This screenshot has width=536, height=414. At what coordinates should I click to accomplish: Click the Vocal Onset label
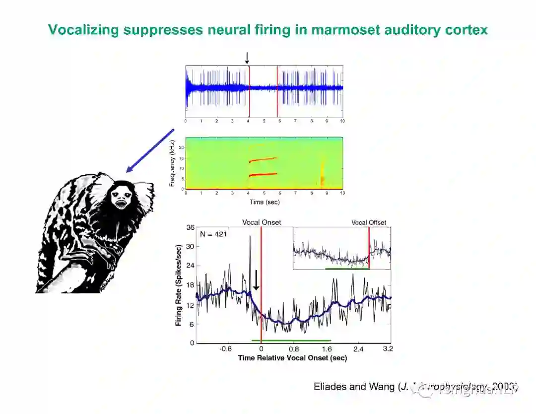pos(261,222)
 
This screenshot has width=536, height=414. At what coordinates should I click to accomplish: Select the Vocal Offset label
pos(369,222)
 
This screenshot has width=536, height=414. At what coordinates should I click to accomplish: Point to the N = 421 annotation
pos(213,234)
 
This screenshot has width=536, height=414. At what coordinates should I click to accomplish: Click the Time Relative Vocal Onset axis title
pos(292,358)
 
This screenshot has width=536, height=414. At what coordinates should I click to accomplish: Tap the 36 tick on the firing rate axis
pos(190,228)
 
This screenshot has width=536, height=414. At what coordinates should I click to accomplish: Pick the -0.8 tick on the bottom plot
pos(226,348)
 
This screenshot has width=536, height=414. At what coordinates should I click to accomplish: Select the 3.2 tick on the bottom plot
pos(388,348)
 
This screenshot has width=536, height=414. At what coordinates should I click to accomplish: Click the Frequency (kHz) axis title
pos(172,163)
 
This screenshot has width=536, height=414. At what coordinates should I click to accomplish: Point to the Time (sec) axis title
pos(264,202)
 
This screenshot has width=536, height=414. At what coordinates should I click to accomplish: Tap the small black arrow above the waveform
pos(247,58)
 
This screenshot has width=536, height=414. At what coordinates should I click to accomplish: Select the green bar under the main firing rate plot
pos(291,341)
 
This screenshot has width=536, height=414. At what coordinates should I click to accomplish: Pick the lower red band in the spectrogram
pos(263,174)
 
